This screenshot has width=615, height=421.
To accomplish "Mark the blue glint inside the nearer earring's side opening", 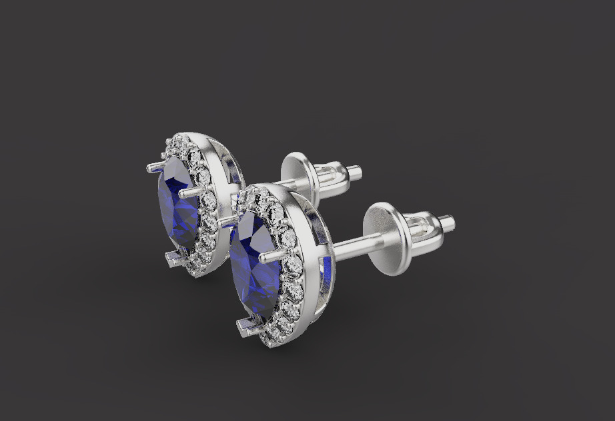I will point(326,265).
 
